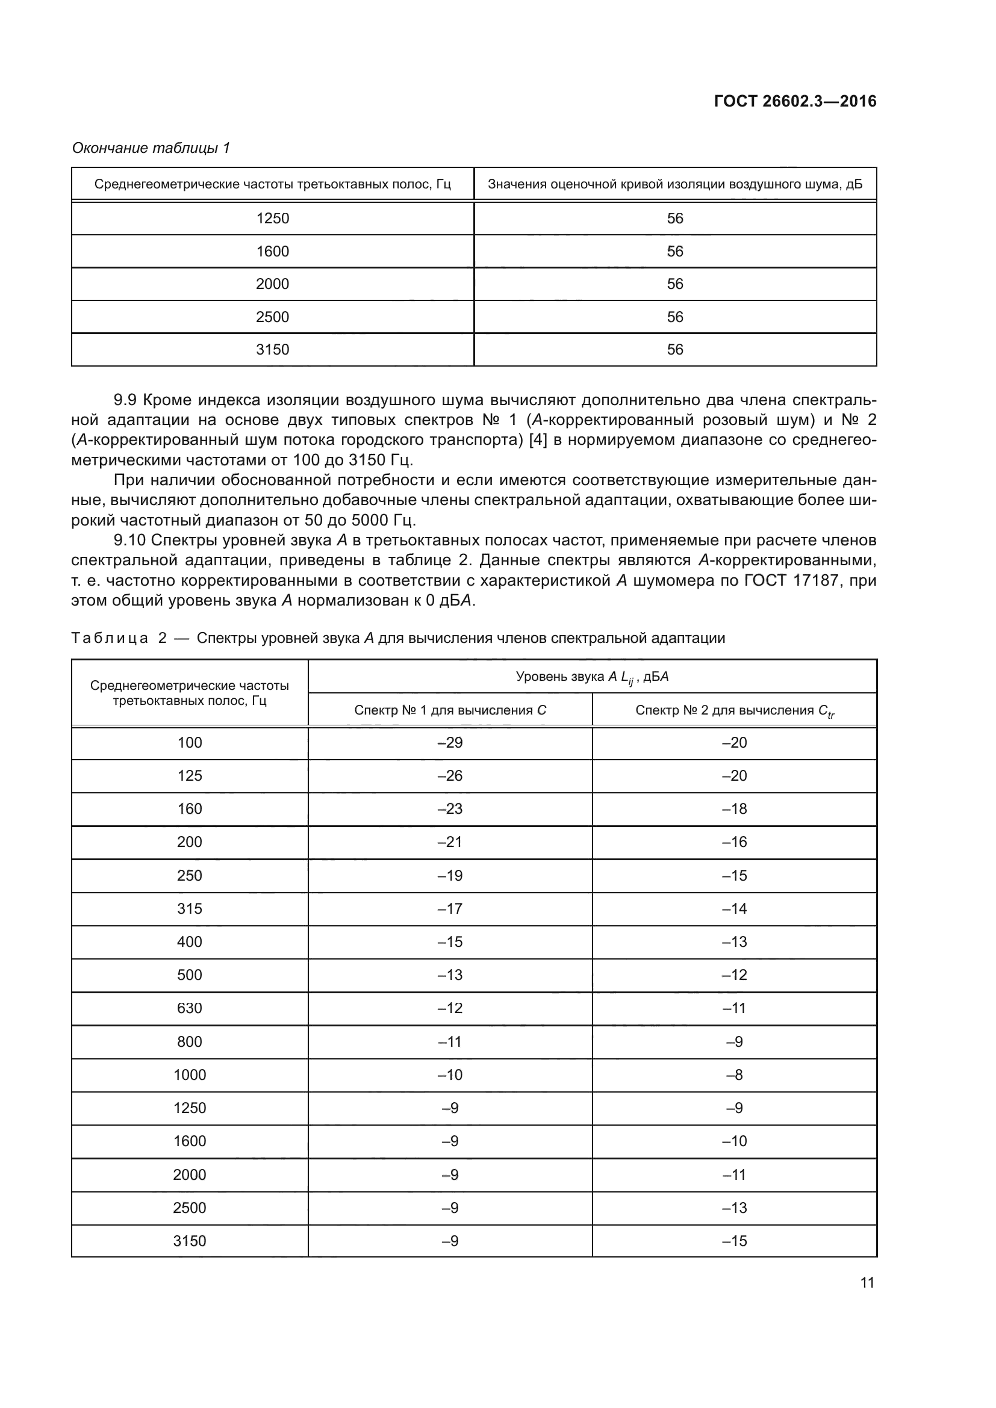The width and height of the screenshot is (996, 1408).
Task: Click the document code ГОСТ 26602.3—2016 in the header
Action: click(795, 101)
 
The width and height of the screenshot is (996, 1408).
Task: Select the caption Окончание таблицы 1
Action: click(151, 148)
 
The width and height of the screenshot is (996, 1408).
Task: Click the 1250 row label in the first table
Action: click(272, 219)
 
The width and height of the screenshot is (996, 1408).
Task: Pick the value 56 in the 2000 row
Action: click(674, 284)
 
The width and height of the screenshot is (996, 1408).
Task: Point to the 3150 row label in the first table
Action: click(272, 350)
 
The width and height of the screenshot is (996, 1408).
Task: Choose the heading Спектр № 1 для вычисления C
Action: click(450, 710)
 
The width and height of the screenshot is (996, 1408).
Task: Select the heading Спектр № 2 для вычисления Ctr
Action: click(734, 710)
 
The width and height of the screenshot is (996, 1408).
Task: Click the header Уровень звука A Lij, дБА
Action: click(592, 677)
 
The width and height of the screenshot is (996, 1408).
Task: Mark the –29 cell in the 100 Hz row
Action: click(450, 743)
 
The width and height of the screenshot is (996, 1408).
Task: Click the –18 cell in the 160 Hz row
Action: click(734, 809)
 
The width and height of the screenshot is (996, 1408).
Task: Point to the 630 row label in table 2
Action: click(190, 1008)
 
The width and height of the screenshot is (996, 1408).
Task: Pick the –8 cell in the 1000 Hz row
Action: click(734, 1075)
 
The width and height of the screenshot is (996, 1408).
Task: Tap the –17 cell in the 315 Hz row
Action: click(450, 908)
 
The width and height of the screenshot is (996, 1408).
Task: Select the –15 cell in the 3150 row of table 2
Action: click(734, 1241)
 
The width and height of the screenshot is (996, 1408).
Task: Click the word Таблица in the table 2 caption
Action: click(110, 637)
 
